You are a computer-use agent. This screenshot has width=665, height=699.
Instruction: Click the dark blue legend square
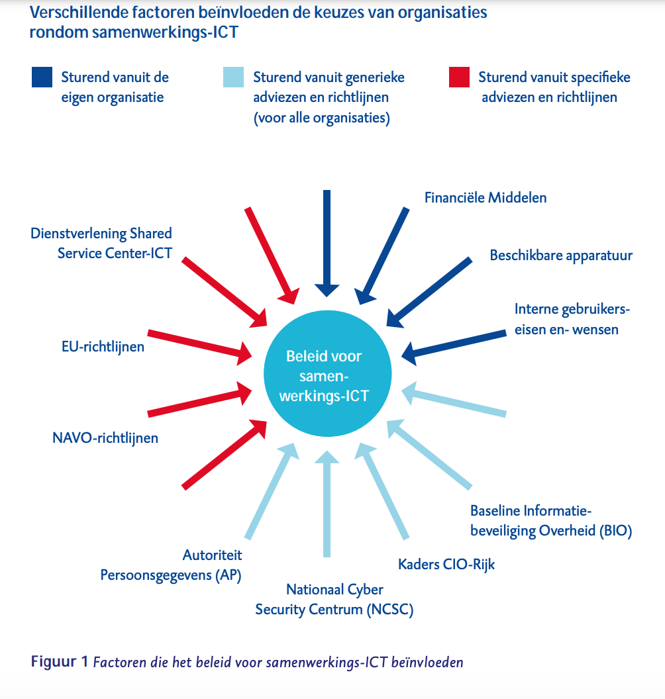41,77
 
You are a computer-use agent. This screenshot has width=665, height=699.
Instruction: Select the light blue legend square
234,77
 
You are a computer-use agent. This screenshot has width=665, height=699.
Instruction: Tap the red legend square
458,77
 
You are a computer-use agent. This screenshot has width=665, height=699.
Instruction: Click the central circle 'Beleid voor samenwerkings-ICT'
324,376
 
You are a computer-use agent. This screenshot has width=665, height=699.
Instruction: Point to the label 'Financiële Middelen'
486,197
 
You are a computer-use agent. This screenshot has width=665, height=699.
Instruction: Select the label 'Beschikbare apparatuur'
561,256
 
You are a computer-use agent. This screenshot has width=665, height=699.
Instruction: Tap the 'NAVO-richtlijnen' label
105,438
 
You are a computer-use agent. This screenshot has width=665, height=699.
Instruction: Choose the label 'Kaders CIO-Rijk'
446,564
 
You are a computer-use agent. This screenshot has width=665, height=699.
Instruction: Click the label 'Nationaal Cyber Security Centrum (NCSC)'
334,599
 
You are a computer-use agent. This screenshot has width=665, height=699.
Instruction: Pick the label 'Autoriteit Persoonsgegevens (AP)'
171,565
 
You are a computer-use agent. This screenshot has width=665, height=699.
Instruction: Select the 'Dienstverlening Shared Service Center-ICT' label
101,243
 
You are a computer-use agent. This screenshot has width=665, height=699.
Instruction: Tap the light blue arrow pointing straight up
325,503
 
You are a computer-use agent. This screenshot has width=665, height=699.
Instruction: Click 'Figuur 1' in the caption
59,661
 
